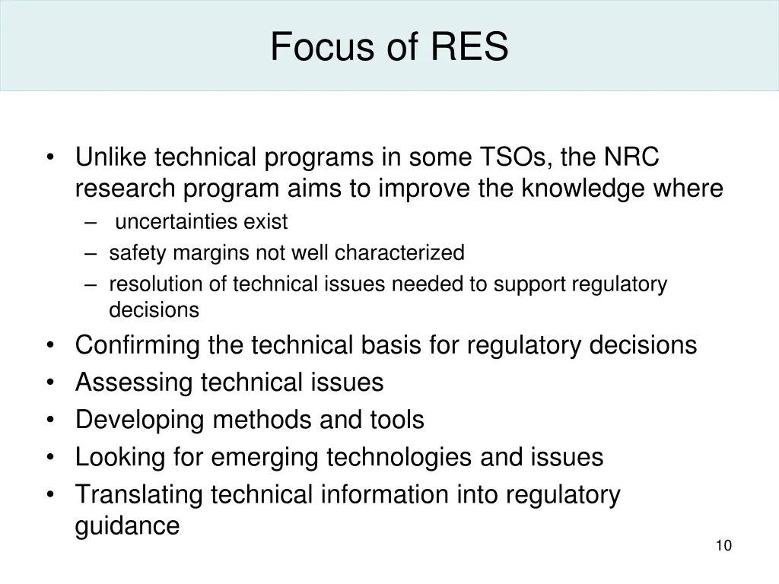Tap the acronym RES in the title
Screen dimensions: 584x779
(x=470, y=47)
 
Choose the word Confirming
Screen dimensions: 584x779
(x=138, y=345)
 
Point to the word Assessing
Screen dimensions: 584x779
(x=134, y=382)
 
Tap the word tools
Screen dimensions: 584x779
(x=397, y=420)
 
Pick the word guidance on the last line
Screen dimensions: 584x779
(x=127, y=526)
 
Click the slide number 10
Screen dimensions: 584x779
(x=723, y=545)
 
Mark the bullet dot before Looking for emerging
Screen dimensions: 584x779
(x=50, y=458)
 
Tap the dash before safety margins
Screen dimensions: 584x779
(x=91, y=253)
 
